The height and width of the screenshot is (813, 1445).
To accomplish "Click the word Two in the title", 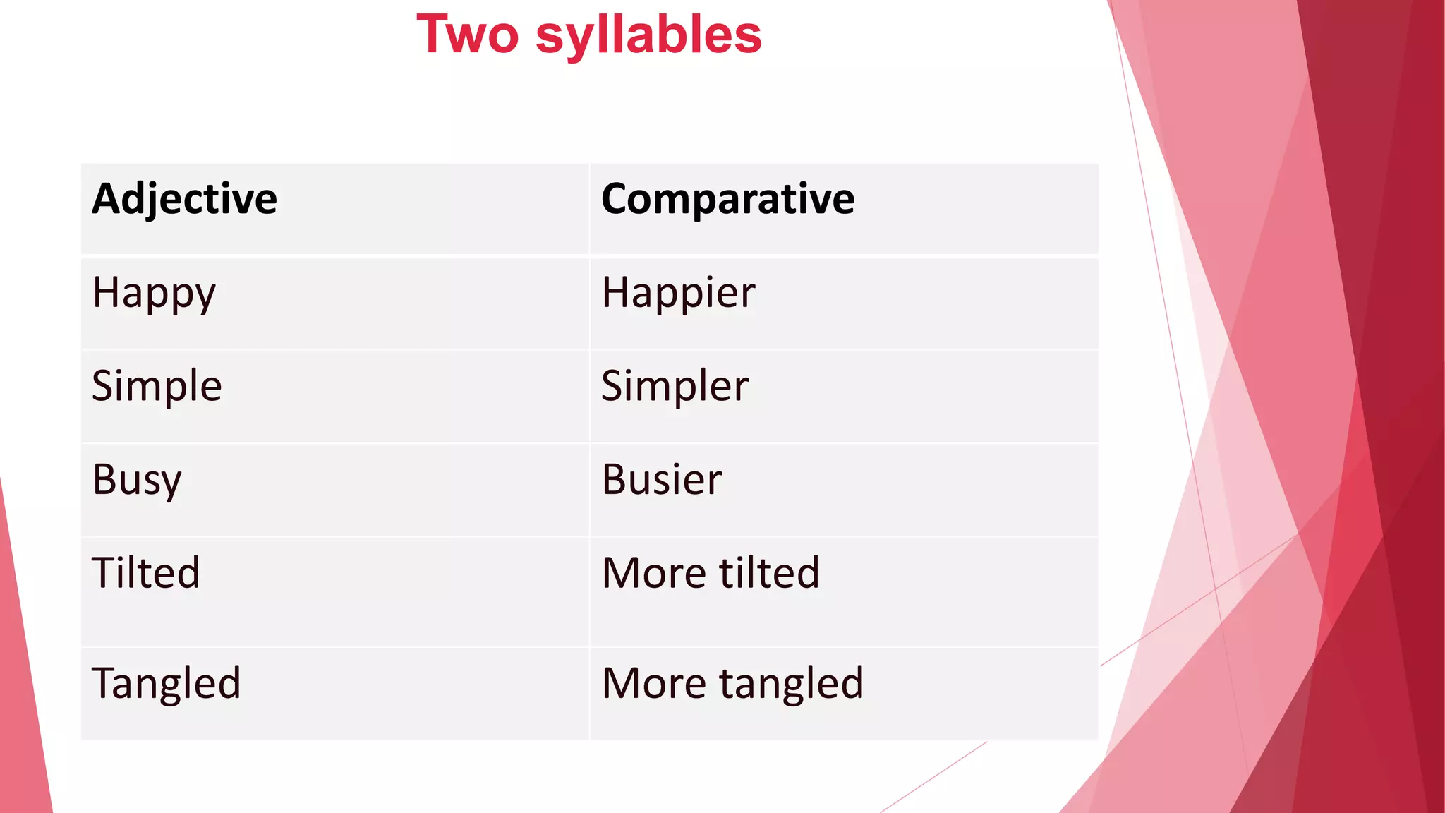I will (x=468, y=35).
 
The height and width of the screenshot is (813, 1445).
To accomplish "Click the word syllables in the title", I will (x=648, y=36).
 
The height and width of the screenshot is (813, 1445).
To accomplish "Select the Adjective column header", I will (x=184, y=199).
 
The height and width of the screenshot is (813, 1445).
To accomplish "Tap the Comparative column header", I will (x=727, y=199).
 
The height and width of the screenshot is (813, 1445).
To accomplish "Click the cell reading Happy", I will (x=154, y=294).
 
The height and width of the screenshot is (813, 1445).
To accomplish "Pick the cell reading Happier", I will (x=678, y=294).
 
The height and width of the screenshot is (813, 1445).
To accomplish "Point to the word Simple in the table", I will (x=157, y=387).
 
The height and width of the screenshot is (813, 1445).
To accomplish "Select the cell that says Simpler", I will (x=675, y=387).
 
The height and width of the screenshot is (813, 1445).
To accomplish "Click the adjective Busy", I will (x=137, y=481).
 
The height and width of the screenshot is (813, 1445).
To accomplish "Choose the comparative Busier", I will (x=662, y=480).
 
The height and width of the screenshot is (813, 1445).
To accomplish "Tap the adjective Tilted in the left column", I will (x=146, y=572).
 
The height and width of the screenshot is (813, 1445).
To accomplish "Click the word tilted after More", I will (x=769, y=572).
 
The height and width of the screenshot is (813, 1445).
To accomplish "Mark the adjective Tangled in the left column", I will (x=167, y=684).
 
